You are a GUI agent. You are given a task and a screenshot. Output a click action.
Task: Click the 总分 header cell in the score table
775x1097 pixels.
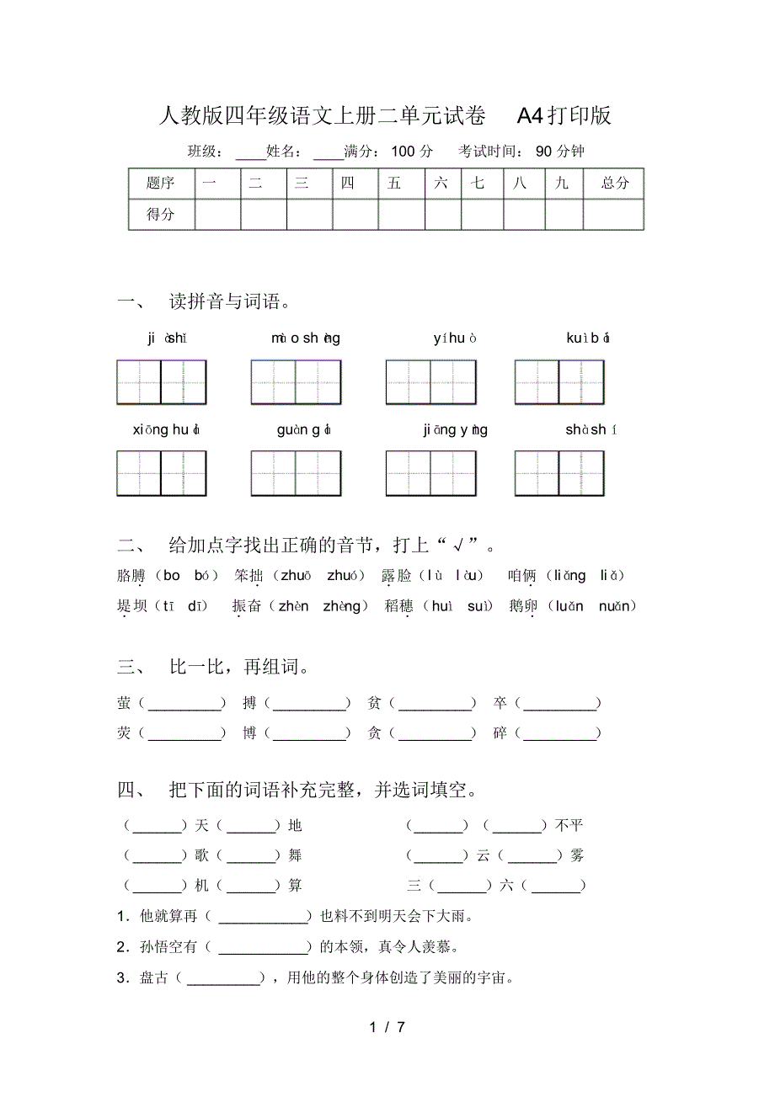pos(614,183)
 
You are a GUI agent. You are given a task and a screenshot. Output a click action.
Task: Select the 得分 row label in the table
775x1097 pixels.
pos(160,214)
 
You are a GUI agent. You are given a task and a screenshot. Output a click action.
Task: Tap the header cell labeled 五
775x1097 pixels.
pos(394,183)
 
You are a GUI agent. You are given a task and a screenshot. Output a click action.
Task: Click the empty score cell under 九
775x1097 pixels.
pos(563,214)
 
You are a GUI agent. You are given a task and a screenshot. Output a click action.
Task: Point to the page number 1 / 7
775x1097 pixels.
pos(387,1027)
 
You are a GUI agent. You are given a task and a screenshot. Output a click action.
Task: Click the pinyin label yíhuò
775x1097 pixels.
pos(456,338)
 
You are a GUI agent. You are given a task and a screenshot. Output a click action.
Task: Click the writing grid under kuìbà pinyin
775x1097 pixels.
pos(559,382)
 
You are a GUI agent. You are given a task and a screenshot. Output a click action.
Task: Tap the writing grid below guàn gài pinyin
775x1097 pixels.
pos(295,473)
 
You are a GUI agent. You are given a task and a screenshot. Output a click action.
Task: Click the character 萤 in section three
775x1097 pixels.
pos(125,703)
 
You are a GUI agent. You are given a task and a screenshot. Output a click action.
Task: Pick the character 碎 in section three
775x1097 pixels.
pos(500,733)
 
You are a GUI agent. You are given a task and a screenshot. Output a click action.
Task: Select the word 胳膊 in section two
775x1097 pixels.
pos(132,576)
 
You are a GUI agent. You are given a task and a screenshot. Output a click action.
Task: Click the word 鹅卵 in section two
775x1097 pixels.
pos(523,606)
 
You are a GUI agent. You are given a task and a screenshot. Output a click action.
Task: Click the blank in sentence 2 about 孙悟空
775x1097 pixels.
pos(264,947)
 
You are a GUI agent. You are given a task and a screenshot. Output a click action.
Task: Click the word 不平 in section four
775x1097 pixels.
pos(569,825)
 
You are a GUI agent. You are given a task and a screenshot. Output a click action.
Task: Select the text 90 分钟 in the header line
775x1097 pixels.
pos(559,152)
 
